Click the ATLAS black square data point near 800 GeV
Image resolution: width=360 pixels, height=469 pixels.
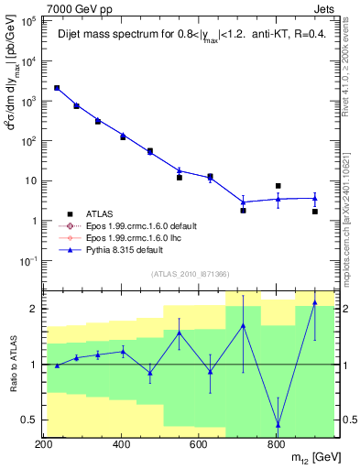coord(278,186)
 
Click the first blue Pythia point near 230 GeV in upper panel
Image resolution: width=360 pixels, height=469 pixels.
coord(57,88)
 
